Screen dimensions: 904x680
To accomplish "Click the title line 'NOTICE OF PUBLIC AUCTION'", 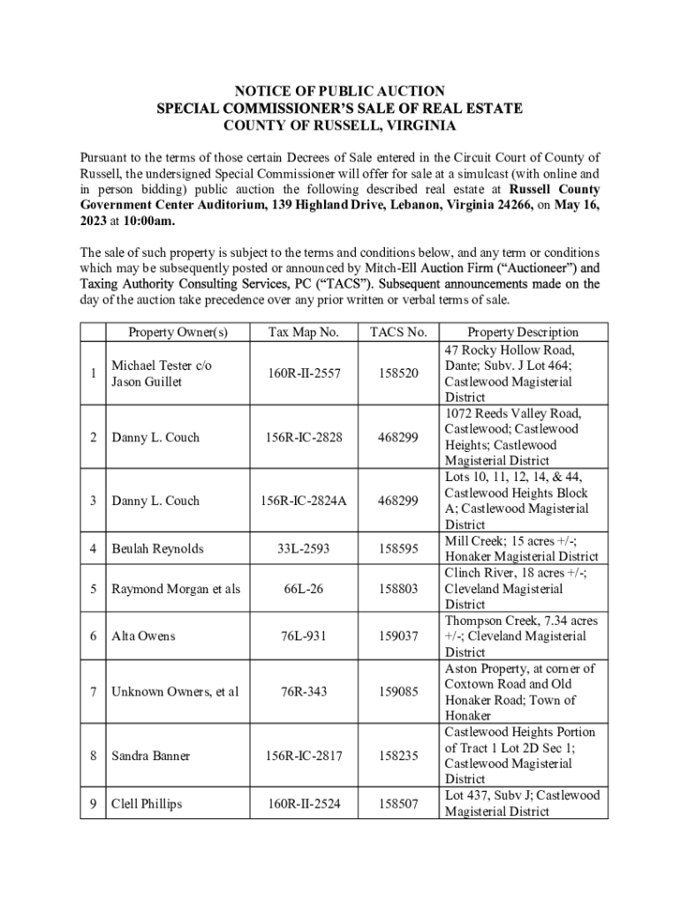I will [339, 91].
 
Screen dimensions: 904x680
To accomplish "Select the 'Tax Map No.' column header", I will [304, 332].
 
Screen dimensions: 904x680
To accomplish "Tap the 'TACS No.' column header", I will [398, 332].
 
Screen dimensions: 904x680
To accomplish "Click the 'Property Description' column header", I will [523, 332].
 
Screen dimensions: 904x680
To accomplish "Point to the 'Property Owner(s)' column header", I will [178, 332].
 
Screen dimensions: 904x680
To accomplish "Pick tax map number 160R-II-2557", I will [304, 373].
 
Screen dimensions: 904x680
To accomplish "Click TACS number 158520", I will [398, 373].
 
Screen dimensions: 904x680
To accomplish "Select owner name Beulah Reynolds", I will [157, 548].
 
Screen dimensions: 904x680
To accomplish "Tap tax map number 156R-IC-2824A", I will [304, 501].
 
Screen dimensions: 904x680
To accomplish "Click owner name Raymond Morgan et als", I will [175, 588].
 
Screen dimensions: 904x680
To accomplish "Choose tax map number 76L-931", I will [304, 636].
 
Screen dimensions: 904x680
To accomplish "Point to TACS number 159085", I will [398, 691].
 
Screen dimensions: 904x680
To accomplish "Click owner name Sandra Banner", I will [150, 756].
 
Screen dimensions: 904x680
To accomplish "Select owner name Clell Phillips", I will [147, 803].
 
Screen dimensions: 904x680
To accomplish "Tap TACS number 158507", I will [398, 803].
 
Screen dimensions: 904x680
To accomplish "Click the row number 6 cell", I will [93, 636].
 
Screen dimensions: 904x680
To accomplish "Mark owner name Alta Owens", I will [143, 636].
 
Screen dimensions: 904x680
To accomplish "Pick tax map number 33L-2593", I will [304, 548].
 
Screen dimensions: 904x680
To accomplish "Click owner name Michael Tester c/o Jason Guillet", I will [161, 373].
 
